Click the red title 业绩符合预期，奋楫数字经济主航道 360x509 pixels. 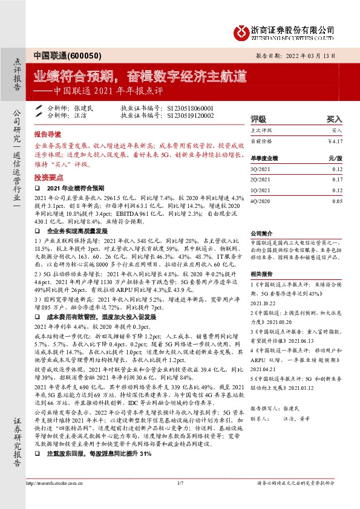(x=140, y=77)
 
